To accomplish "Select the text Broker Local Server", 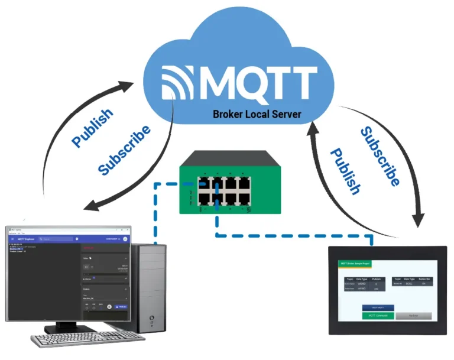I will [x=257, y=113].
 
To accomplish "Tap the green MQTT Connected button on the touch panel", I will [x=377, y=316].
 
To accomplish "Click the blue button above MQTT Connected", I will [x=377, y=307].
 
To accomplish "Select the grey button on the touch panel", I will [x=413, y=316].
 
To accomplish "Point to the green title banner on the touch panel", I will [x=355, y=264].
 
